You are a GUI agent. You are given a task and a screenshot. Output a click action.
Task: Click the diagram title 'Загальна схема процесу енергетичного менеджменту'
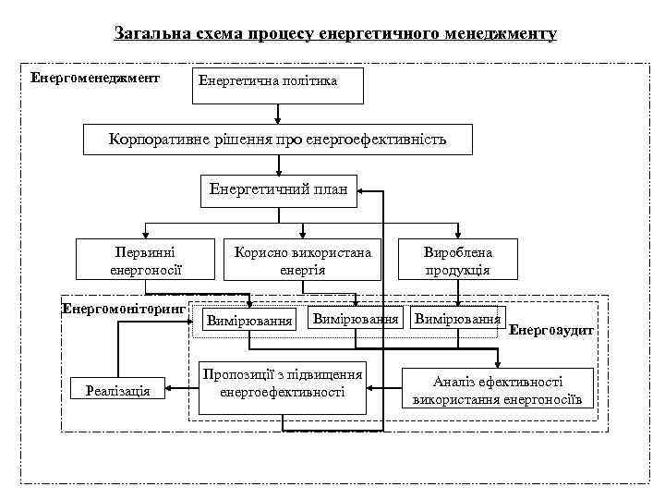(335, 34)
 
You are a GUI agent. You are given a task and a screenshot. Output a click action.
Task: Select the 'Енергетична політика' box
(280, 83)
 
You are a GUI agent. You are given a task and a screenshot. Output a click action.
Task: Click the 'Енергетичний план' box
(278, 190)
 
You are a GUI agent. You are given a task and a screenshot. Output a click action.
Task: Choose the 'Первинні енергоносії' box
(145, 261)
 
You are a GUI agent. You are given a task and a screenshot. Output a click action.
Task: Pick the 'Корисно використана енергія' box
(303, 261)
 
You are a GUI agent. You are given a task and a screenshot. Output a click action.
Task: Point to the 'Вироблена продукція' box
(458, 261)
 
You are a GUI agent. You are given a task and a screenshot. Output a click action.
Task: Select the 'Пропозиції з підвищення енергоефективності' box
(283, 385)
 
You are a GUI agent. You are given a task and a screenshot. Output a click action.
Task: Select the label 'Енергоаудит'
(551, 330)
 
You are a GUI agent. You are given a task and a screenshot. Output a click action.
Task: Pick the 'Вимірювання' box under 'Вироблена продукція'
(457, 319)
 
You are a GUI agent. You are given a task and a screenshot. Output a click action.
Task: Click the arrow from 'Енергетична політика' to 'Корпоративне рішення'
(279, 113)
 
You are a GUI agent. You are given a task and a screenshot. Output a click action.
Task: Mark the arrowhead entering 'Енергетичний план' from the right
(363, 190)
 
